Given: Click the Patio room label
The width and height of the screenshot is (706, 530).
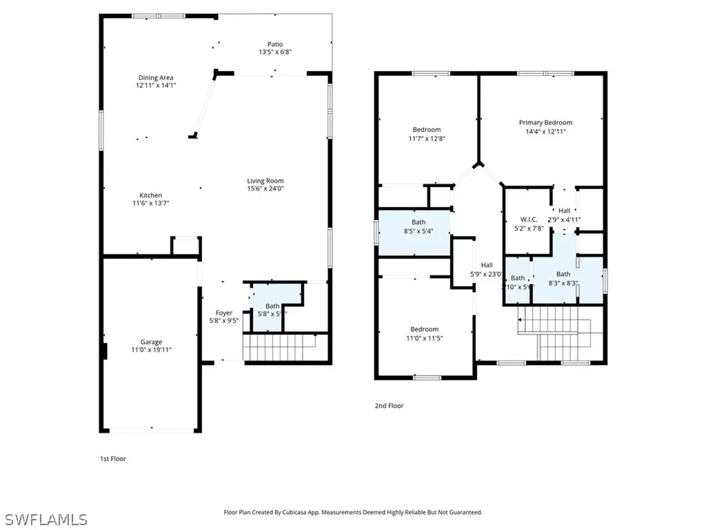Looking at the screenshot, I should pos(274,44).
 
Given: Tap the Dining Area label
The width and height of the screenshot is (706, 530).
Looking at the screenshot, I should pos(155,78).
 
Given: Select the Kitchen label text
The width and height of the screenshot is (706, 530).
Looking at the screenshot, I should pos(150,195).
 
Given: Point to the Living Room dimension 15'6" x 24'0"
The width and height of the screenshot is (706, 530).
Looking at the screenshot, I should pos(265,188).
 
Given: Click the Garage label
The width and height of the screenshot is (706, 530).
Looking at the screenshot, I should pos(151,342).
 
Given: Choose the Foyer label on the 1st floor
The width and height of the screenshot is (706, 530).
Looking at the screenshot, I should pos(224,313).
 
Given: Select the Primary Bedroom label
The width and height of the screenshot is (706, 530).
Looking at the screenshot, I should pos(545,123).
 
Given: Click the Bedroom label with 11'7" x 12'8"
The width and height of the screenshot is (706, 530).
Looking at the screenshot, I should pos(426,130).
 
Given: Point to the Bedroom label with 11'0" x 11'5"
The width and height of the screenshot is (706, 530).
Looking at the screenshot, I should pos(424,329).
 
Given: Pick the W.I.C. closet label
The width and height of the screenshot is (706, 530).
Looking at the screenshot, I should pos(528,219).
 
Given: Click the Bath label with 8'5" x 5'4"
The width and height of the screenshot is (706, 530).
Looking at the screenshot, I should pos(418,222).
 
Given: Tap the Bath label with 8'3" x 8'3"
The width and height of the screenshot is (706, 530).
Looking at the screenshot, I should pos(563,274).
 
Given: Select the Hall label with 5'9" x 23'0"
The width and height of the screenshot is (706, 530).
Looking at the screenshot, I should pos(487,265).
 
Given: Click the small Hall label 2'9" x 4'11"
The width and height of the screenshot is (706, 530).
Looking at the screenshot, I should pos(564,211).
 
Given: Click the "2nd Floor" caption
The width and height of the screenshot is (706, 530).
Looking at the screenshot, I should pos(389,406).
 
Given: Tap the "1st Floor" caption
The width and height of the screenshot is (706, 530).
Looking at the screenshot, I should pos(113,458).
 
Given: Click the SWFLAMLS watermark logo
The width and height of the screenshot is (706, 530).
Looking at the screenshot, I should pos(46,519).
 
